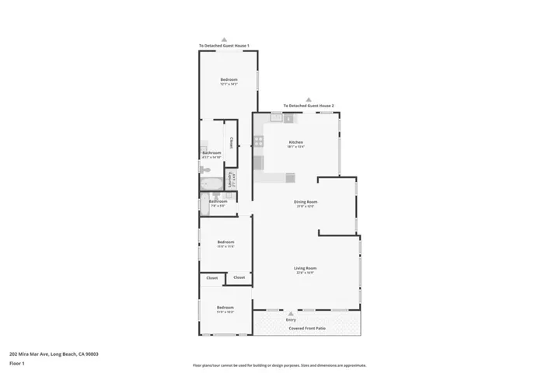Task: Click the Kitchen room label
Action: pyautogui.click(x=296, y=142)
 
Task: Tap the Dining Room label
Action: pyautogui.click(x=306, y=202)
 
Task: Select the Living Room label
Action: pyautogui.click(x=306, y=268)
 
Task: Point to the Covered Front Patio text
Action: pyautogui.click(x=308, y=329)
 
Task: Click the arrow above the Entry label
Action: pyautogui.click(x=291, y=312)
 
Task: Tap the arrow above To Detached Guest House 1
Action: pyautogui.click(x=224, y=39)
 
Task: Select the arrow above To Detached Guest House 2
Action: pyautogui.click(x=309, y=99)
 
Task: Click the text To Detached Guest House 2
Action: pyautogui.click(x=309, y=106)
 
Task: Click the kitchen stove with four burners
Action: pyautogui.click(x=258, y=141)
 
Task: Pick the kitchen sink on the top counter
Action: pyautogui.click(x=275, y=118)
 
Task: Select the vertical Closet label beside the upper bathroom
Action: pyautogui.click(x=231, y=143)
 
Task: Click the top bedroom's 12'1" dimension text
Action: pyautogui.click(x=229, y=84)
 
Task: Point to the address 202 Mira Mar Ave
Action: pyautogui.click(x=54, y=354)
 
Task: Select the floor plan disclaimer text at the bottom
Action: pyautogui.click(x=279, y=365)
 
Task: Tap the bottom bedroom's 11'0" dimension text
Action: pyautogui.click(x=225, y=312)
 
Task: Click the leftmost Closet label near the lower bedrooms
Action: pyautogui.click(x=212, y=277)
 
